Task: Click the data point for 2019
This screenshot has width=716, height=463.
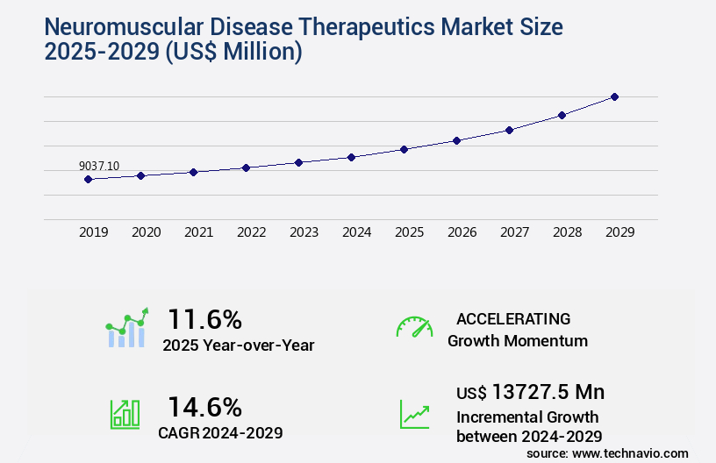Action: click(x=88, y=179)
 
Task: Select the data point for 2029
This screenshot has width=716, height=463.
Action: click(x=614, y=96)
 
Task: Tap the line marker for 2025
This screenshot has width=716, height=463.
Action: click(x=404, y=149)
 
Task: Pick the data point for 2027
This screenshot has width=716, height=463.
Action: click(x=509, y=130)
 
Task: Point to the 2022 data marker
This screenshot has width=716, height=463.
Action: click(x=246, y=167)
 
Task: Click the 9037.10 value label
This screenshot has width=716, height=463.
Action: click(x=99, y=166)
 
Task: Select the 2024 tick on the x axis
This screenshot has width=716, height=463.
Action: click(x=356, y=232)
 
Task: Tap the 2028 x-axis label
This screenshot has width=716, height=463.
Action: click(x=567, y=232)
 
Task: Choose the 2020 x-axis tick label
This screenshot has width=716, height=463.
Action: click(x=146, y=232)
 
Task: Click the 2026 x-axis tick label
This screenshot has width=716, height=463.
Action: click(x=462, y=232)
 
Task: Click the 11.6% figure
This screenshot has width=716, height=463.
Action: click(x=204, y=319)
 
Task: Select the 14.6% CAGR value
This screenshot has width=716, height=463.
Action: click(x=204, y=407)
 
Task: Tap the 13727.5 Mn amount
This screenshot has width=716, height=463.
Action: click(x=548, y=391)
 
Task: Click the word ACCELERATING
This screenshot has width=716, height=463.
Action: click(x=513, y=318)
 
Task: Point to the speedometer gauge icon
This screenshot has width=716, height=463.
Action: click(x=414, y=326)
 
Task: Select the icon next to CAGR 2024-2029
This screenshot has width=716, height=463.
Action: click(x=125, y=413)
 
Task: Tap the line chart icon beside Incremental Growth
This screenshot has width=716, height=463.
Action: click(x=414, y=413)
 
